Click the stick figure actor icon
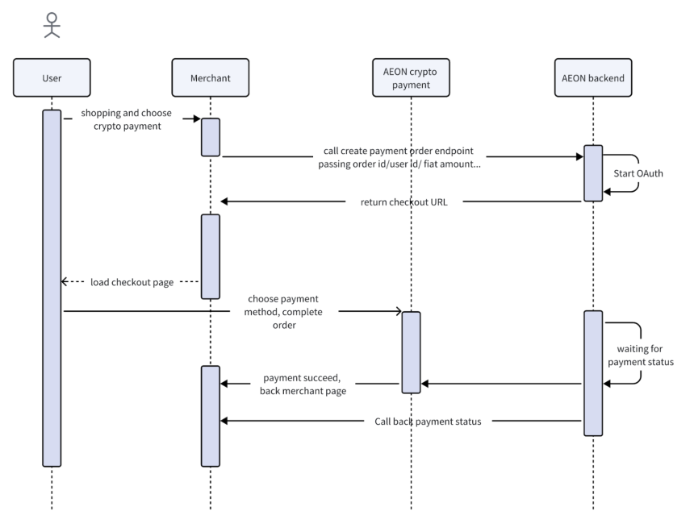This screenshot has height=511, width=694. [52, 25]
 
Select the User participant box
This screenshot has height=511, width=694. [52, 78]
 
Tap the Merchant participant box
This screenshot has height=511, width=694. [211, 78]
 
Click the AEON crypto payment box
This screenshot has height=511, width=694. [411, 78]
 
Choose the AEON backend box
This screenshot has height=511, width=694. [593, 78]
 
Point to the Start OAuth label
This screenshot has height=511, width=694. [638, 173]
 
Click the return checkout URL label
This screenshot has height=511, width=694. [403, 202]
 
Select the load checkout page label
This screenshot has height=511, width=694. [132, 282]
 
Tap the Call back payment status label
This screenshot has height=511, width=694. [428, 422]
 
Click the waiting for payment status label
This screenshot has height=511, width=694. [641, 355]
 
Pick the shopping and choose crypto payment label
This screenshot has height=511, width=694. [127, 119]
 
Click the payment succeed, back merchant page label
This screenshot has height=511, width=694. [303, 384]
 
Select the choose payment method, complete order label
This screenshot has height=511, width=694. [283, 312]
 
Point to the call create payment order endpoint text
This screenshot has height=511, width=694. [399, 151]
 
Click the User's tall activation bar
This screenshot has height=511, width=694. [52, 289]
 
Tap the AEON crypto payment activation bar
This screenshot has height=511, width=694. [412, 352]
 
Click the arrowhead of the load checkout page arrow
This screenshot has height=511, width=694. [65, 281]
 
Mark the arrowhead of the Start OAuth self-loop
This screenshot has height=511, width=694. [607, 191]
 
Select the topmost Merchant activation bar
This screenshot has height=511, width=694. [211, 137]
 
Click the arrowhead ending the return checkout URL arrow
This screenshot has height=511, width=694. [224, 201]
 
